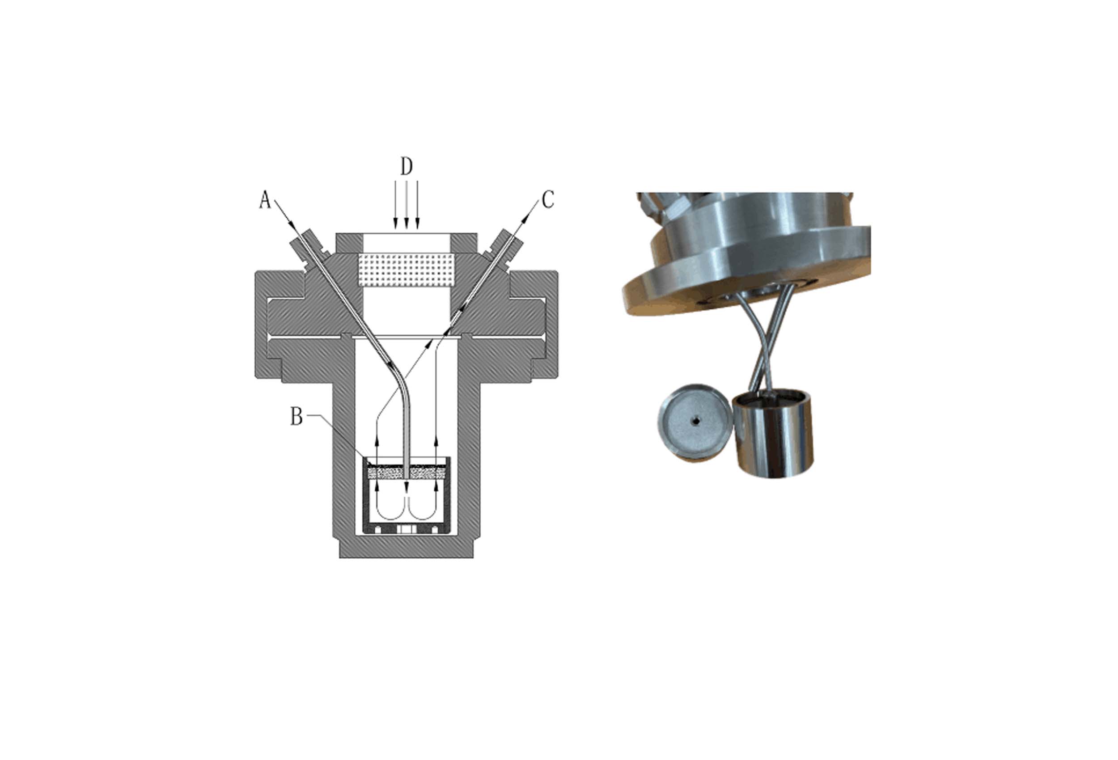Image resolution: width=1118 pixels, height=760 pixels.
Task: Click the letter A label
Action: tap(265, 200)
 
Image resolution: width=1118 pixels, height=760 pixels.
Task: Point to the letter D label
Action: tap(407, 166)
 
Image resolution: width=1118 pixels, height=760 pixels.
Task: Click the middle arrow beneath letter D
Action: tap(407, 205)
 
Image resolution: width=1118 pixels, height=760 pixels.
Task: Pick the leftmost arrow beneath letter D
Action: tap(395, 205)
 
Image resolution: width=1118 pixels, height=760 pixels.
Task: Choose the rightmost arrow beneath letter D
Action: tap(417, 205)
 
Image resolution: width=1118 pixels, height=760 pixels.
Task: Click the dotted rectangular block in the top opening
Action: tap(407, 270)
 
